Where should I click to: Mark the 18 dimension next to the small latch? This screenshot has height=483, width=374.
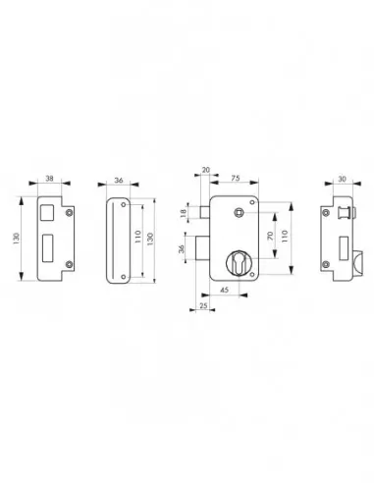(185, 213)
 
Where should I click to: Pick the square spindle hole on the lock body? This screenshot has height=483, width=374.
(236, 213)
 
